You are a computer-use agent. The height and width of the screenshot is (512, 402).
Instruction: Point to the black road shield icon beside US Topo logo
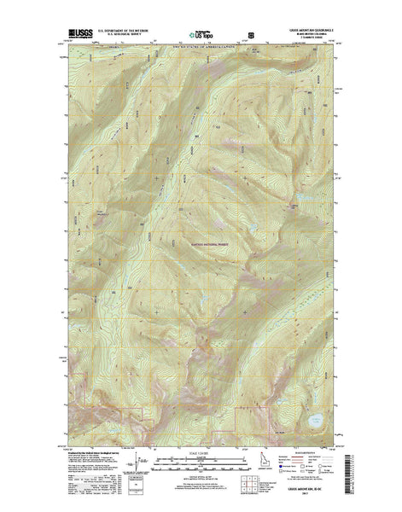(x=250, y=35)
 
